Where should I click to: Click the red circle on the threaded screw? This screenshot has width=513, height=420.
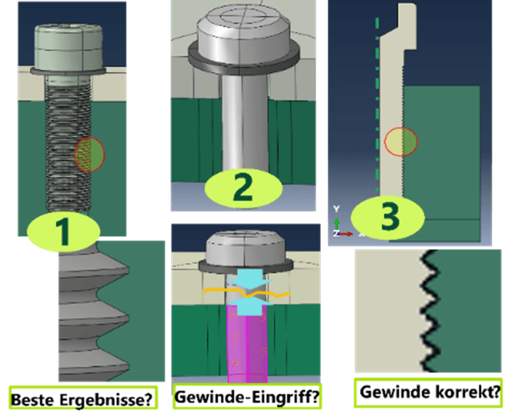pos(89,155)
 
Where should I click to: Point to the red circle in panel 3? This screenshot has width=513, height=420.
pos(400,141)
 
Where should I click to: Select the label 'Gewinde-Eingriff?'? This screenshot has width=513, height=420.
pos(248,397)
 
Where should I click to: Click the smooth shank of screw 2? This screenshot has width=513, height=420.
pos(243,124)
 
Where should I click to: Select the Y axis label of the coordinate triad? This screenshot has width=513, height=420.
pos(336,209)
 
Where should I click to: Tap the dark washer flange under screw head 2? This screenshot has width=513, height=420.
pos(243,54)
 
